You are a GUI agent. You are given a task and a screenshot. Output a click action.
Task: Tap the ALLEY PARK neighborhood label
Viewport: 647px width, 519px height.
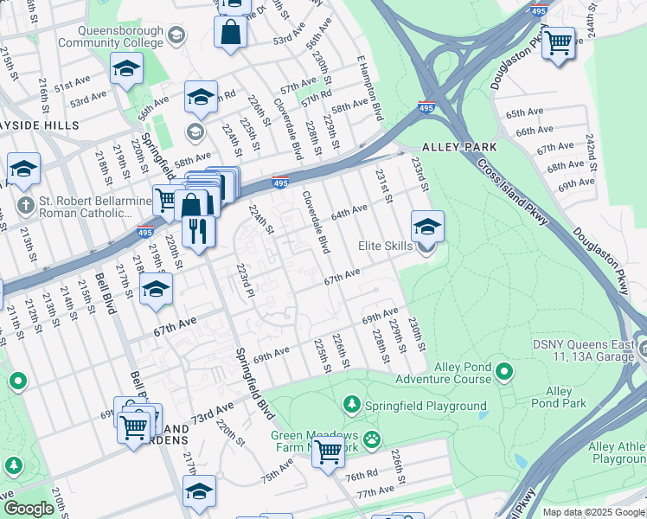point(459,147)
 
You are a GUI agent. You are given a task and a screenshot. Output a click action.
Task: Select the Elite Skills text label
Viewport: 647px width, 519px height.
point(386,247)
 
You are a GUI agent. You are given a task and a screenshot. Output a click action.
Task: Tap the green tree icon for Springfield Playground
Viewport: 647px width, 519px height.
point(352,405)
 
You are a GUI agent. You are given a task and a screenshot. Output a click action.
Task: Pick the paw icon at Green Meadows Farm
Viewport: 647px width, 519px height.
point(371,439)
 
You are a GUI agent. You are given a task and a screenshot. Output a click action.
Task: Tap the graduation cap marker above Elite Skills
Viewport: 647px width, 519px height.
point(427,227)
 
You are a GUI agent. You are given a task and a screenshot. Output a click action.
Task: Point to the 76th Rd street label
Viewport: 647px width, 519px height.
point(361,477)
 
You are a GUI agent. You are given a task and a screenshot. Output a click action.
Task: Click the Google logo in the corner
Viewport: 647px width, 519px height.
point(29,509)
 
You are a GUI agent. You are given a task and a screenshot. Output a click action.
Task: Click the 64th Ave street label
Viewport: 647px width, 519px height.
point(352,210)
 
